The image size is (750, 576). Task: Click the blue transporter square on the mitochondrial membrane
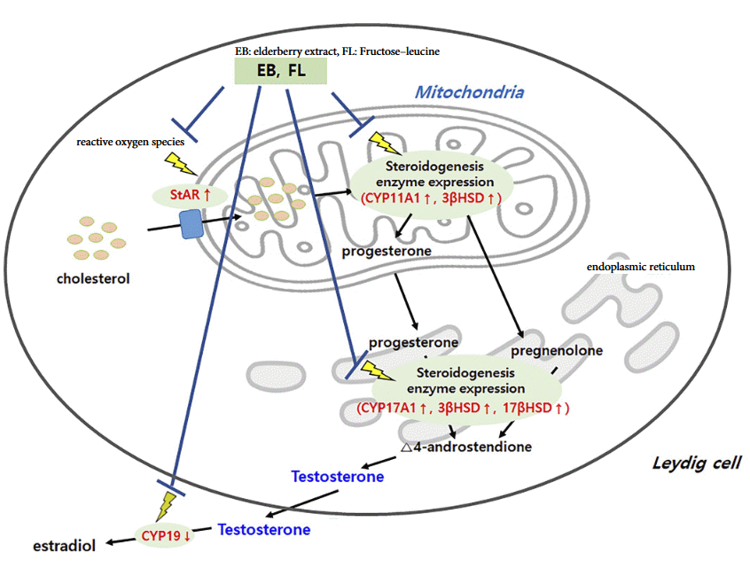[191, 224]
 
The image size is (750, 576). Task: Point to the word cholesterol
[93, 278]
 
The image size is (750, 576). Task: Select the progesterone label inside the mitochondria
[387, 251]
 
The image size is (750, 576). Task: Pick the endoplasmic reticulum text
[640, 266]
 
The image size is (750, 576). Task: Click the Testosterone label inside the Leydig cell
[337, 477]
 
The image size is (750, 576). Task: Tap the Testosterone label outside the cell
[263, 530]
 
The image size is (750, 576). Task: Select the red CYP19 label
[166, 534]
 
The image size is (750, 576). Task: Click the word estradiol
[64, 545]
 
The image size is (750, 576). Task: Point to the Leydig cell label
[696, 463]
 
